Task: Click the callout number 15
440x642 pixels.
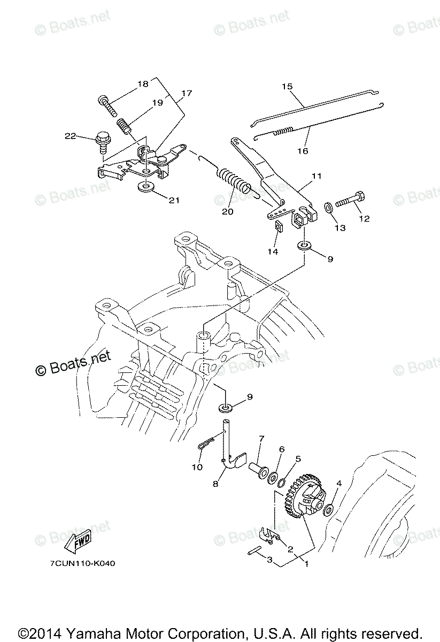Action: pos(287,86)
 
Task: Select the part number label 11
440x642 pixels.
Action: pos(317,175)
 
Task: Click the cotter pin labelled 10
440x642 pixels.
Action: pos(206,444)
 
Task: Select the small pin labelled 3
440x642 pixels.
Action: pos(255,553)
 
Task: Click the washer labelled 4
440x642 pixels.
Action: pos(329,506)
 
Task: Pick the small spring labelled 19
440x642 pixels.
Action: pos(124,128)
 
